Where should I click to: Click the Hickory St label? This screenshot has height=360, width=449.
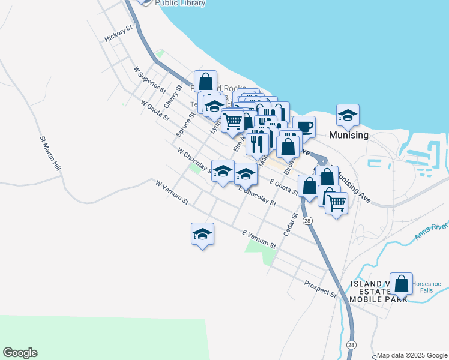coord(118,34)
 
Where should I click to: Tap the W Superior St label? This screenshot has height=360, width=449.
coord(149,80)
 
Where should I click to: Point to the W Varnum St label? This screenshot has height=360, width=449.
coord(172,191)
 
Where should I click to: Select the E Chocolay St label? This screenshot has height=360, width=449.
coord(257,196)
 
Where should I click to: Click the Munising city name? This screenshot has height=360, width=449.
coord(349,135)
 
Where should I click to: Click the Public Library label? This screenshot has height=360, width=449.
coord(180,3)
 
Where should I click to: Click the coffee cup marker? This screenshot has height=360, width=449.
coord(304,126)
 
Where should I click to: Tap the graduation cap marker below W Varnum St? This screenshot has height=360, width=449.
coord(203,233)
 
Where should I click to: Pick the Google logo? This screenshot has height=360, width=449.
coord(20,353)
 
